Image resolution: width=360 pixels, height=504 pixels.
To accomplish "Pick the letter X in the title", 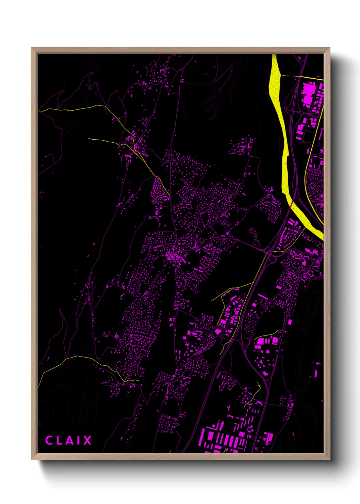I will tap(87, 440).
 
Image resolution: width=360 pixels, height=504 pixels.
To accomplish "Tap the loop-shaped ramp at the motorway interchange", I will tap(273, 259).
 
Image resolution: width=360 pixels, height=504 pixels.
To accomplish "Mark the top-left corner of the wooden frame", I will tap(32, 48).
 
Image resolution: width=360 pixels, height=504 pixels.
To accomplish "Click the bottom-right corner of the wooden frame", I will tap(329, 459).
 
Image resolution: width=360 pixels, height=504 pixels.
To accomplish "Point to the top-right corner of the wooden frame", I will tap(329, 48).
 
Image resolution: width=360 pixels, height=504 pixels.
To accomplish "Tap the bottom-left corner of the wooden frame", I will tap(32, 459).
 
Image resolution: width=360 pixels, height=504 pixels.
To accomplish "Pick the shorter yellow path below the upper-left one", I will tap(102, 140).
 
